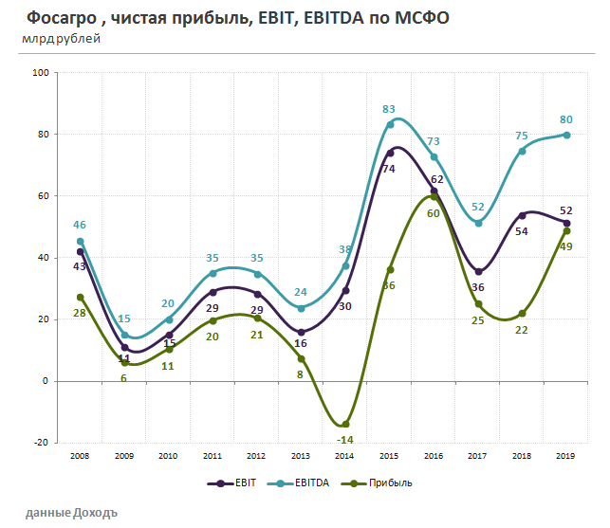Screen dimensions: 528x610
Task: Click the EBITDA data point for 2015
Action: [x=390, y=124]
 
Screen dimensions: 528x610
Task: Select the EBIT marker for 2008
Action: [x=80, y=251]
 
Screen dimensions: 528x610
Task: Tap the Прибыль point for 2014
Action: [x=346, y=424]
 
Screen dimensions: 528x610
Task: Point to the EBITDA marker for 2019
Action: [x=567, y=135]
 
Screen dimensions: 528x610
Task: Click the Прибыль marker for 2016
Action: [x=434, y=196]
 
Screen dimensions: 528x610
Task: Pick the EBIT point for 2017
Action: [x=479, y=272]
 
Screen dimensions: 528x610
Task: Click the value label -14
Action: [x=345, y=440]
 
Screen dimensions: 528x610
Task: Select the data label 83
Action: [x=390, y=109]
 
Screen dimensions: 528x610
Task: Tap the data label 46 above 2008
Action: [x=80, y=225]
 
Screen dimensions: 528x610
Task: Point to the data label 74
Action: [x=388, y=169]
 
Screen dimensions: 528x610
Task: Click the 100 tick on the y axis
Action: [x=41, y=72]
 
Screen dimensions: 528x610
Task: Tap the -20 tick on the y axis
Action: [x=41, y=443]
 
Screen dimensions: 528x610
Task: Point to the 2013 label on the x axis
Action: [x=302, y=456]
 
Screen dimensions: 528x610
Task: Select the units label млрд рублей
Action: [x=61, y=38]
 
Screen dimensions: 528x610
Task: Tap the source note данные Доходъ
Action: [x=72, y=512]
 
